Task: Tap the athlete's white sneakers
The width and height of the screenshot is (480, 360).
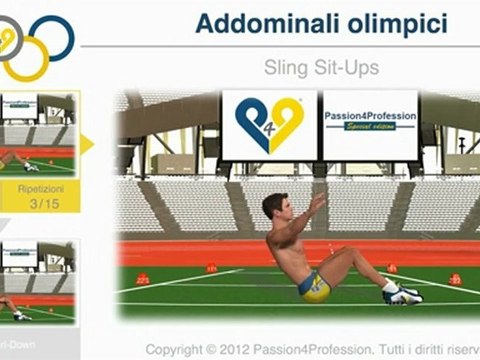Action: click(401, 293)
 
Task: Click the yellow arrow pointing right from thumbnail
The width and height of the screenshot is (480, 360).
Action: click(85, 143)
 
